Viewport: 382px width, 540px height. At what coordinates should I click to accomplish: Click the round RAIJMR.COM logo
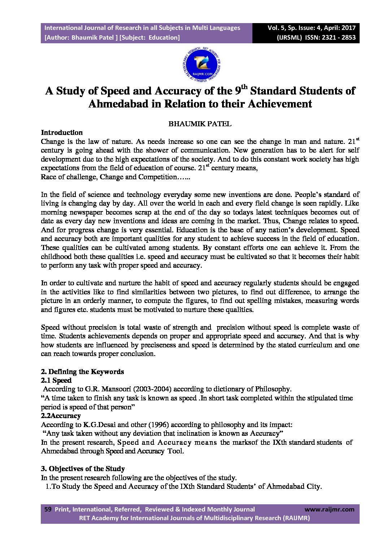click(x=201, y=65)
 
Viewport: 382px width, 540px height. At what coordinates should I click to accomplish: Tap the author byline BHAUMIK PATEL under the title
click(x=200, y=124)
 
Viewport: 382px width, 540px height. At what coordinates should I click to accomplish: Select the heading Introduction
click(x=62, y=132)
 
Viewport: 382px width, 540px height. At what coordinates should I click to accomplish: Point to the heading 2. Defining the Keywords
click(x=82, y=372)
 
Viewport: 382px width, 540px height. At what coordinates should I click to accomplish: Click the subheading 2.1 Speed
click(x=56, y=380)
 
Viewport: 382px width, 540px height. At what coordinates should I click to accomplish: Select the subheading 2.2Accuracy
click(x=61, y=416)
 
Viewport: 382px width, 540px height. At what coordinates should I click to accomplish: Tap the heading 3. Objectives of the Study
click(x=83, y=469)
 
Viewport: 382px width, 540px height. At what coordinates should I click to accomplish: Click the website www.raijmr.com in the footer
click(x=329, y=509)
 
